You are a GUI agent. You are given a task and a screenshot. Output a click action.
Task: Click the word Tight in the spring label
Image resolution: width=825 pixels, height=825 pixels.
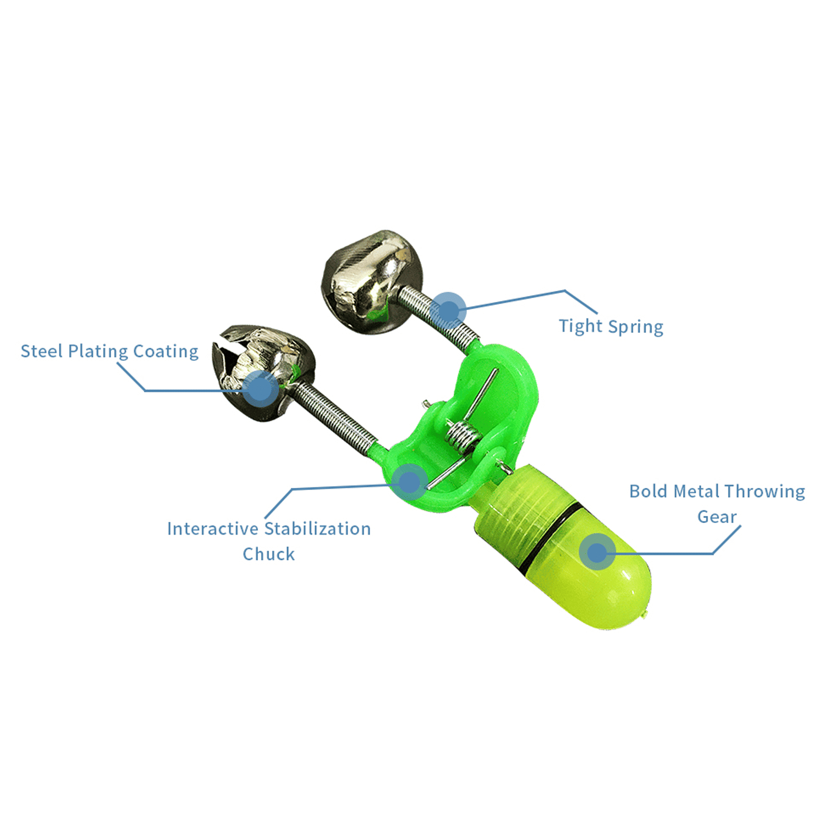point(580,326)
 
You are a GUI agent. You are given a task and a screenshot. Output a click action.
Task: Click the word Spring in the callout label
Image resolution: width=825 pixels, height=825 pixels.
point(636,327)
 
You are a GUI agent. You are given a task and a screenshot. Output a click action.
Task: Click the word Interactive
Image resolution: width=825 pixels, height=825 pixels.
point(213,529)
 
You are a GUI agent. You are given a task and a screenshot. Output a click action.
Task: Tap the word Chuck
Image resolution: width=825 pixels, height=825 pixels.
point(269,554)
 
